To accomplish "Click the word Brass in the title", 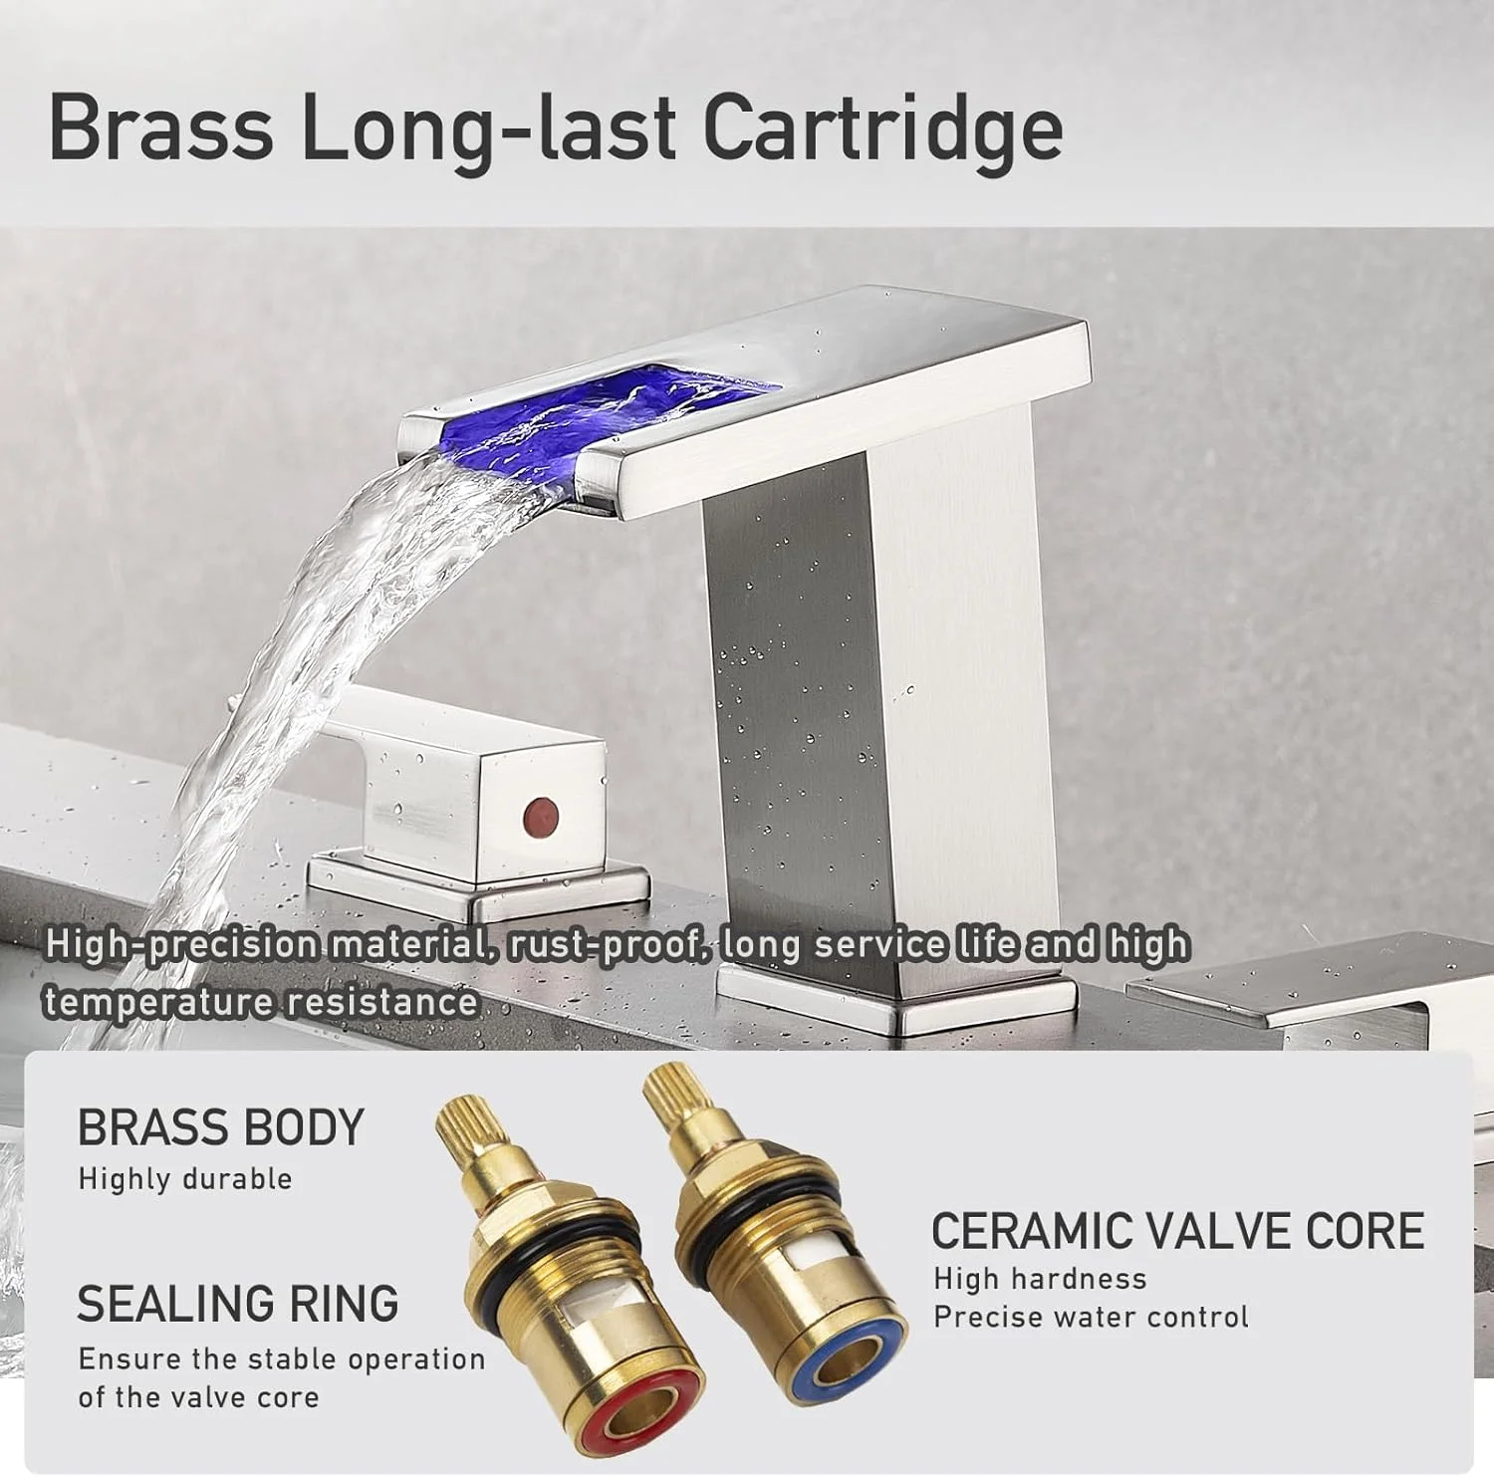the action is coord(160,126).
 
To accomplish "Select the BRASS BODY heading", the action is coord(221,1127).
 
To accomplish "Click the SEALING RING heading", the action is coord(238,1304).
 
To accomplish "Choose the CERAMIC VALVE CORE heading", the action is coord(1177,1232).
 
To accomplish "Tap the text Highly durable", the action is coord(185,1179).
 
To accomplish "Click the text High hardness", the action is coord(1040,1279).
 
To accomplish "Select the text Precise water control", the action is coord(1091,1318).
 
